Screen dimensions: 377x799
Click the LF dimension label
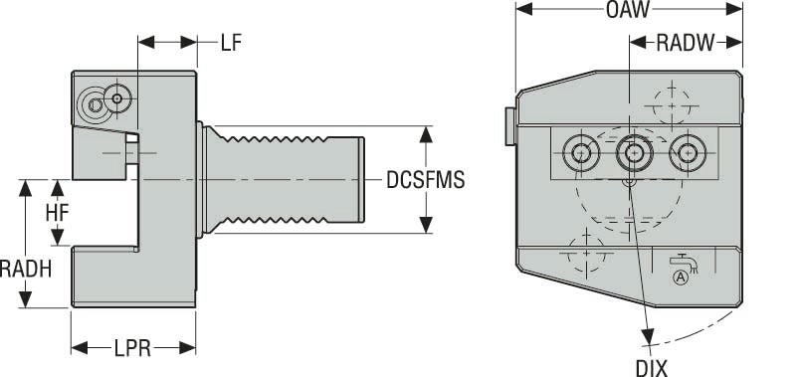pos(230,43)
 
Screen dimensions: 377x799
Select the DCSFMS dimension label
pos(425,180)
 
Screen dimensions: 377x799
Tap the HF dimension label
pos(56,213)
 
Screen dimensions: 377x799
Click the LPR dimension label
pos(131,348)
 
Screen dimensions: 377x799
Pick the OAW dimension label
pos(627,11)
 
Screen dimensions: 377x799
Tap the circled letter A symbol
pos(682,277)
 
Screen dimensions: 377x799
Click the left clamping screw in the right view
pos(579,153)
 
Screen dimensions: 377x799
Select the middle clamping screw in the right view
pos(631,153)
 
